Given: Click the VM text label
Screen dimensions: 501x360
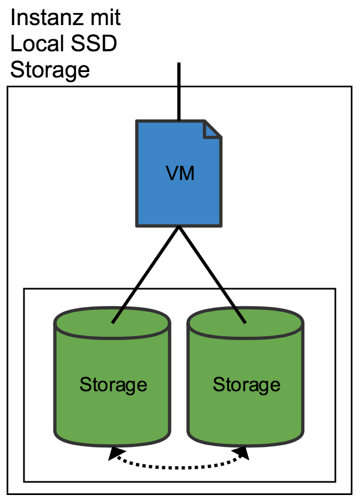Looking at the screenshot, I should (x=180, y=174).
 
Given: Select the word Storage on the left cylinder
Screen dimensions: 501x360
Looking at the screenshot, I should (x=113, y=385).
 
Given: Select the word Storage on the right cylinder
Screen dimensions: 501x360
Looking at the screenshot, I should (x=246, y=385).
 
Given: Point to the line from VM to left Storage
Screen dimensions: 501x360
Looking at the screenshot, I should (x=146, y=275).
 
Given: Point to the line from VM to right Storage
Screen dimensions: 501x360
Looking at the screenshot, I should (x=212, y=275).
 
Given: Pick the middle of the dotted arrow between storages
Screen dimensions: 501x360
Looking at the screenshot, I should (x=179, y=467).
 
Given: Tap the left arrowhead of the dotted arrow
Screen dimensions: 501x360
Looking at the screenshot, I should (x=115, y=453).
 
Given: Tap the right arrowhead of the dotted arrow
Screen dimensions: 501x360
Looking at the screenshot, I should (x=241, y=453).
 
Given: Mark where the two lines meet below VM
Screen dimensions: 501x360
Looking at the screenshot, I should (x=179, y=226).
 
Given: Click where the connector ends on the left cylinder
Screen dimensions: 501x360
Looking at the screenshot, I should (x=113, y=323).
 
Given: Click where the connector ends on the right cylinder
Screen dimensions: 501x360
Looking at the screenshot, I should (x=245, y=323).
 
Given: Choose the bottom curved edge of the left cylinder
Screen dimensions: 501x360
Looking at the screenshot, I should (x=112, y=444).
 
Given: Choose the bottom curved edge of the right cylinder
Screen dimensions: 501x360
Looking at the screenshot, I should (x=245, y=444).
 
